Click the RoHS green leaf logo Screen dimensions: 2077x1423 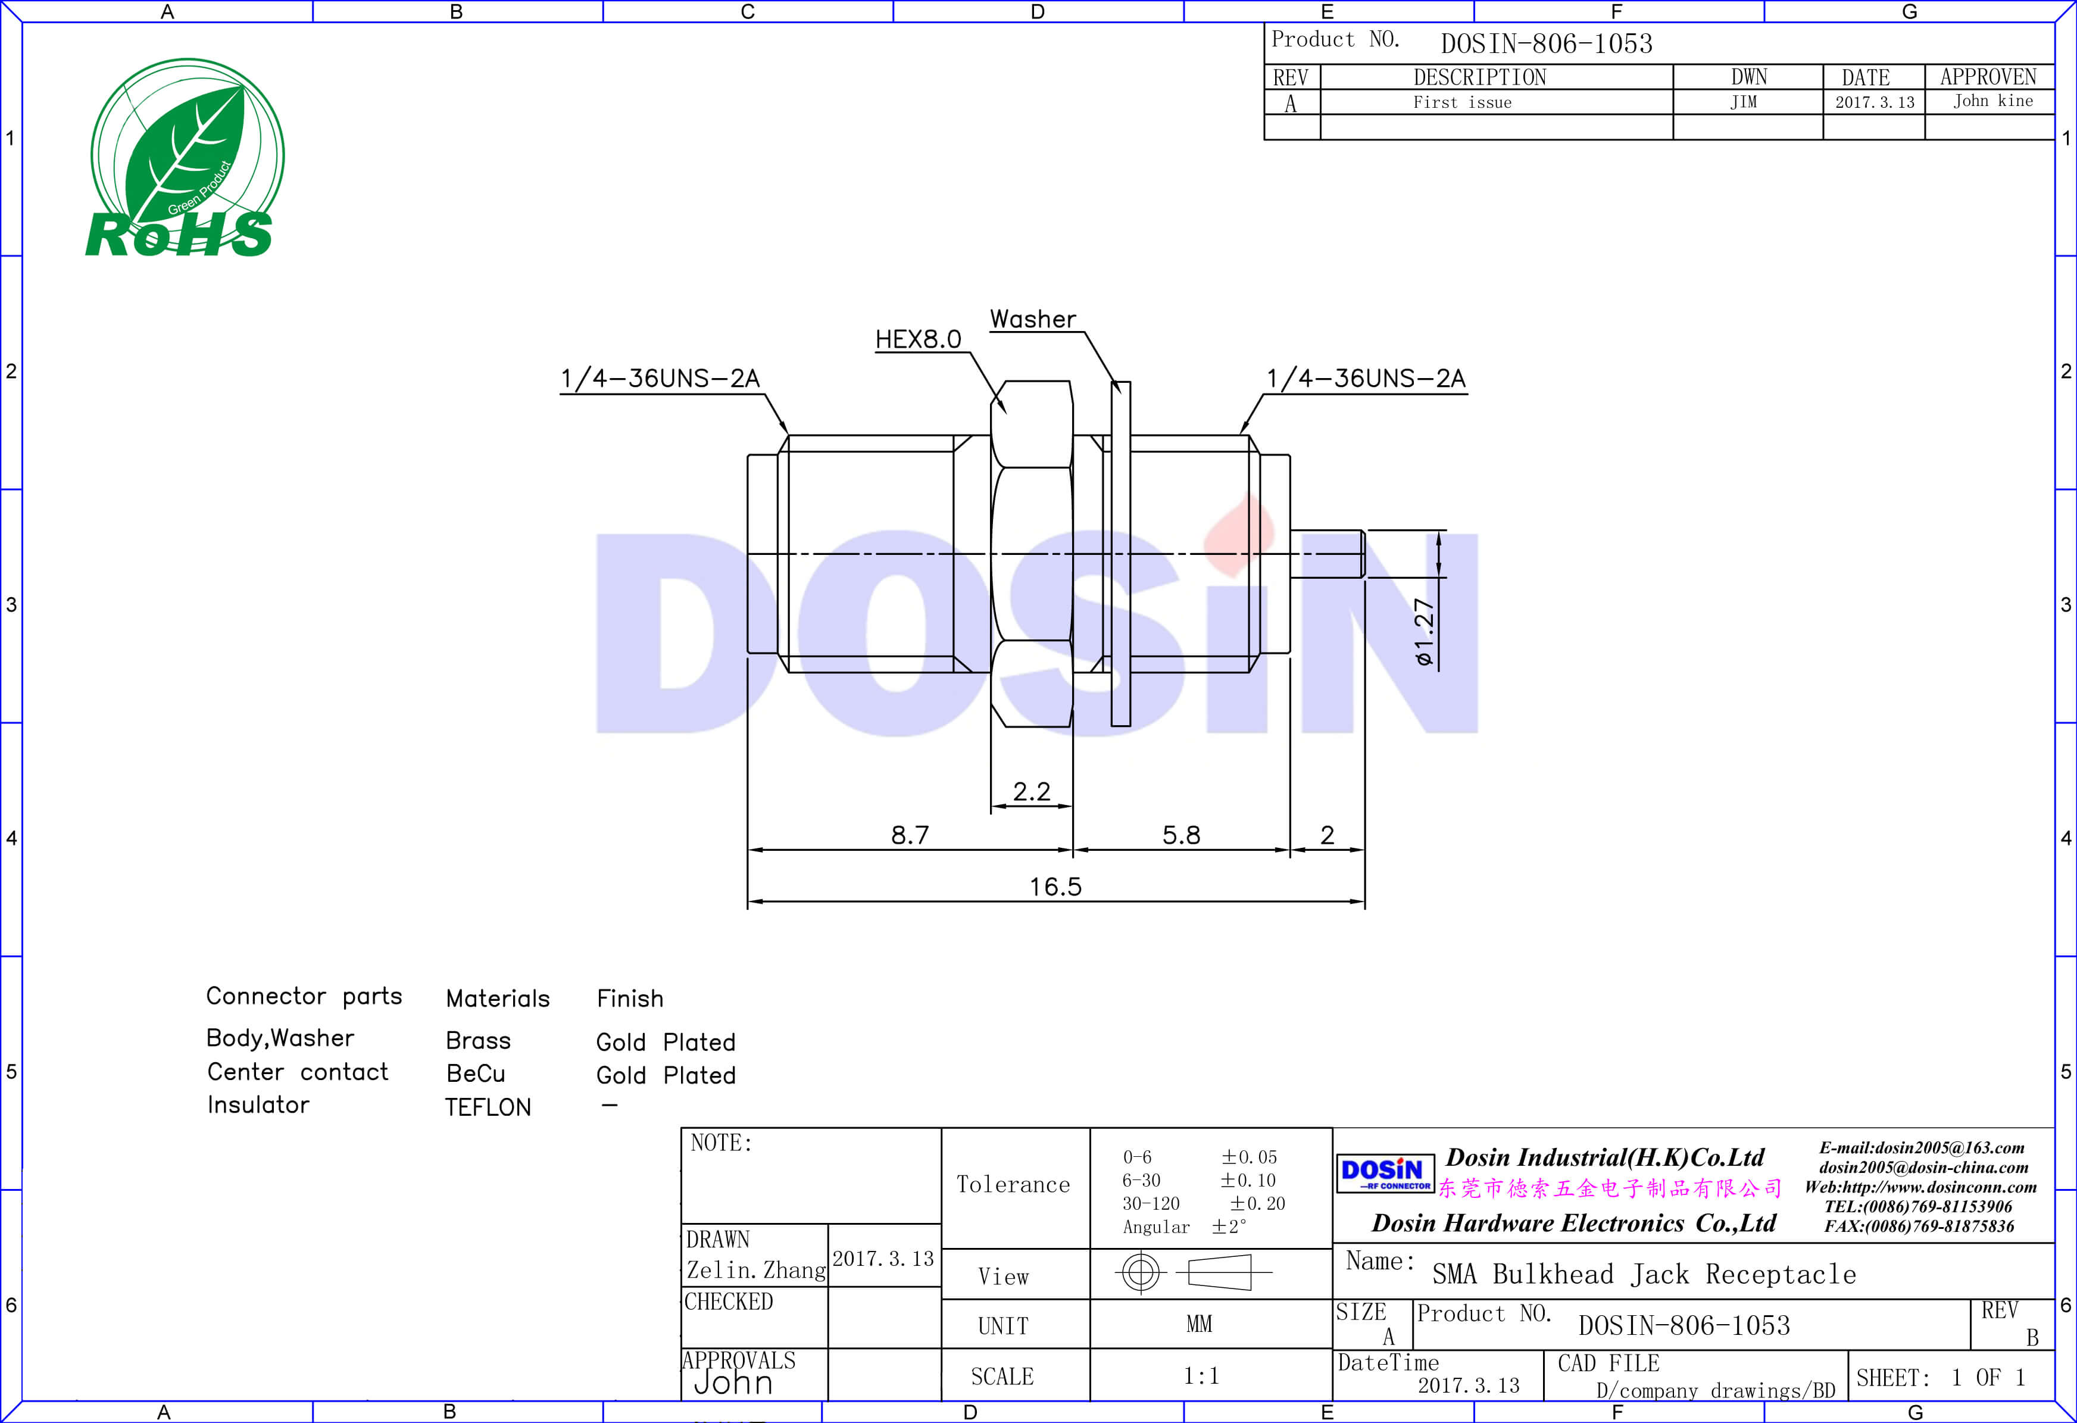185,158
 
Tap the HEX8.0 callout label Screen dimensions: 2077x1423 918,339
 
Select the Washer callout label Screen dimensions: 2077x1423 1033,319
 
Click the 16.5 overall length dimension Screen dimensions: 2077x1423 1055,887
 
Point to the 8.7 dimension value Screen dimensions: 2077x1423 910,835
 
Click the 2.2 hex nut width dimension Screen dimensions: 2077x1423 1031,791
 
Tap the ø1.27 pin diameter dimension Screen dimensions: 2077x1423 1425,632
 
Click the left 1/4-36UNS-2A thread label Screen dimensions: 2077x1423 660,378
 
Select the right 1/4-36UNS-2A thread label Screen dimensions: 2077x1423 1366,378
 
